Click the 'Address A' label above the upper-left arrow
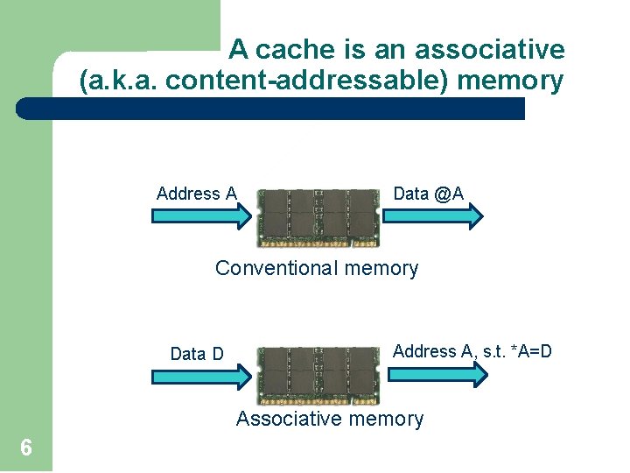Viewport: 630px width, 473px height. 196,194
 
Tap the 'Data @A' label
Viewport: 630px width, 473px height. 428,194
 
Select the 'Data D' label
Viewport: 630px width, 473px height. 197,354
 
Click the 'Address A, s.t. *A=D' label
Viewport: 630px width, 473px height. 472,352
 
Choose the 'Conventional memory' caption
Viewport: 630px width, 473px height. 317,268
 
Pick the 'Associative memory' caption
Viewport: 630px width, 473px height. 329,419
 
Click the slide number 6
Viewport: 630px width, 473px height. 26,448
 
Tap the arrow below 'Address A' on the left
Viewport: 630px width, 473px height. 201,215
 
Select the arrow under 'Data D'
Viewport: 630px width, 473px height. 201,376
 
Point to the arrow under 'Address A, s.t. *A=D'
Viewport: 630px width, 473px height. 437,374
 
